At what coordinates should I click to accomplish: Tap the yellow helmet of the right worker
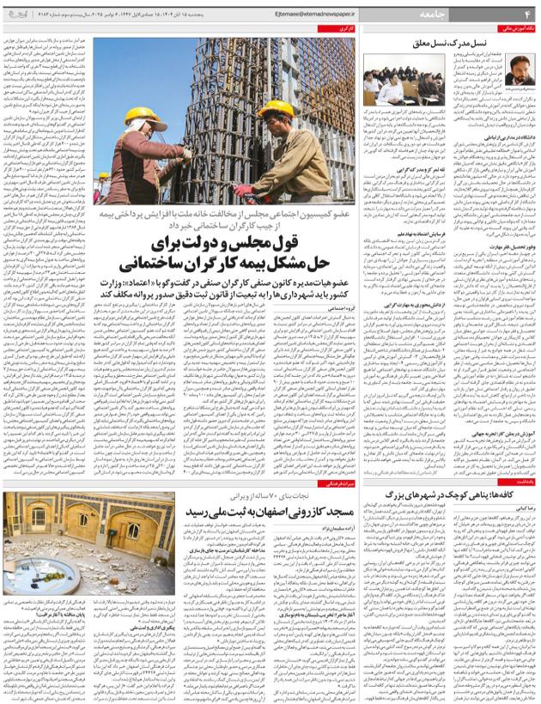coord(276,109)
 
